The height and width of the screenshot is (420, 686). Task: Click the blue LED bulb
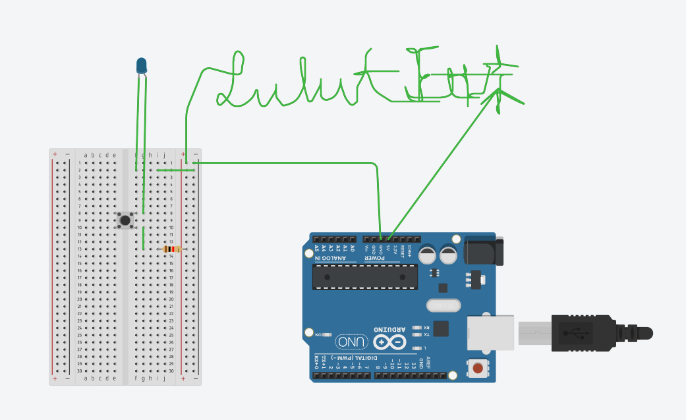tap(142, 65)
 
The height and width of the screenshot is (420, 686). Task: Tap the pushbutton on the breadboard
tap(125, 220)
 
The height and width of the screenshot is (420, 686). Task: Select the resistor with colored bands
tap(171, 249)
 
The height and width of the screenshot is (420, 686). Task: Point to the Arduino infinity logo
tap(390, 342)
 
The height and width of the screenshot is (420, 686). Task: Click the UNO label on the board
tap(351, 342)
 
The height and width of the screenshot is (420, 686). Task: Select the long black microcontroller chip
tap(364, 276)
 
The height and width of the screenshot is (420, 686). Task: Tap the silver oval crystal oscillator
tap(442, 305)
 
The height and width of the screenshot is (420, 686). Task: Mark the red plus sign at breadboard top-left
tap(55, 154)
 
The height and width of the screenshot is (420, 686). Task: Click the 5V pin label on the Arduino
tap(388, 249)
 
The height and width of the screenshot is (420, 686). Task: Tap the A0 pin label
tap(353, 249)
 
